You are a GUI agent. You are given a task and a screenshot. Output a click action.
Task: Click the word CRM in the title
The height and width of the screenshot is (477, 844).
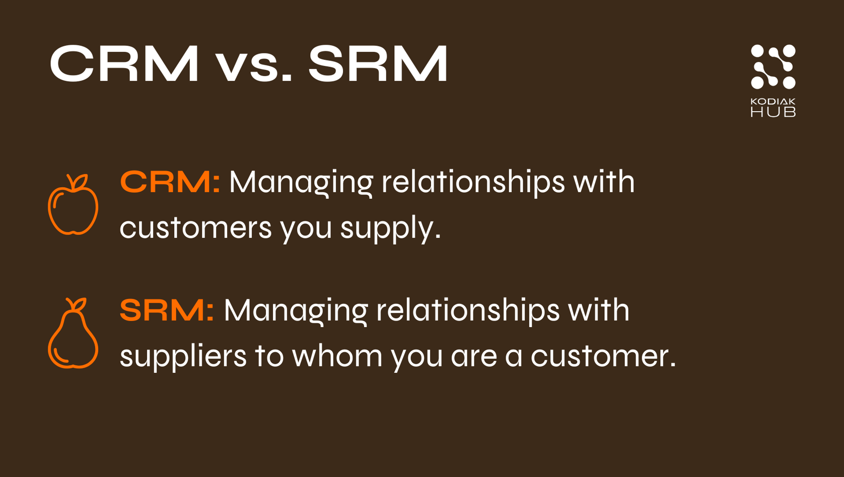(124, 64)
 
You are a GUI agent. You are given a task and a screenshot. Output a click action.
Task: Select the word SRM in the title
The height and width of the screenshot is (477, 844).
(378, 64)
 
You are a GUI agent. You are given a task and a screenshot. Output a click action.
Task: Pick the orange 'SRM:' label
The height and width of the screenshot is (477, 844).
(167, 310)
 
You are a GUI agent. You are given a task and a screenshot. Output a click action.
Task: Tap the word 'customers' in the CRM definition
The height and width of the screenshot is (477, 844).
(196, 227)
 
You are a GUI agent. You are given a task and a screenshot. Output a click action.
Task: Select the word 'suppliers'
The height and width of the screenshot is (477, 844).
(183, 356)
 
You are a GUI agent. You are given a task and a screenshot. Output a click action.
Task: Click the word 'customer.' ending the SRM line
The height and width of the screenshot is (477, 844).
(603, 356)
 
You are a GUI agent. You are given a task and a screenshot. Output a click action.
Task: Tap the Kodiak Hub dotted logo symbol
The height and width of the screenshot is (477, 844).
(773, 66)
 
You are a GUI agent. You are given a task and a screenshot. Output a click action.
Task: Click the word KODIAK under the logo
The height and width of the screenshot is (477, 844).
(773, 102)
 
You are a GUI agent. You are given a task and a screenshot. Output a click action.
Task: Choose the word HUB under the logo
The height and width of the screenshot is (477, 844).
(773, 112)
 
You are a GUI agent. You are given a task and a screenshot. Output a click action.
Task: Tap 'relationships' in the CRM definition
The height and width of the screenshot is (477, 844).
(473, 182)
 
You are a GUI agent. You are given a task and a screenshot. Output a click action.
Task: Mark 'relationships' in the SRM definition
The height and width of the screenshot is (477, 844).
(468, 310)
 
